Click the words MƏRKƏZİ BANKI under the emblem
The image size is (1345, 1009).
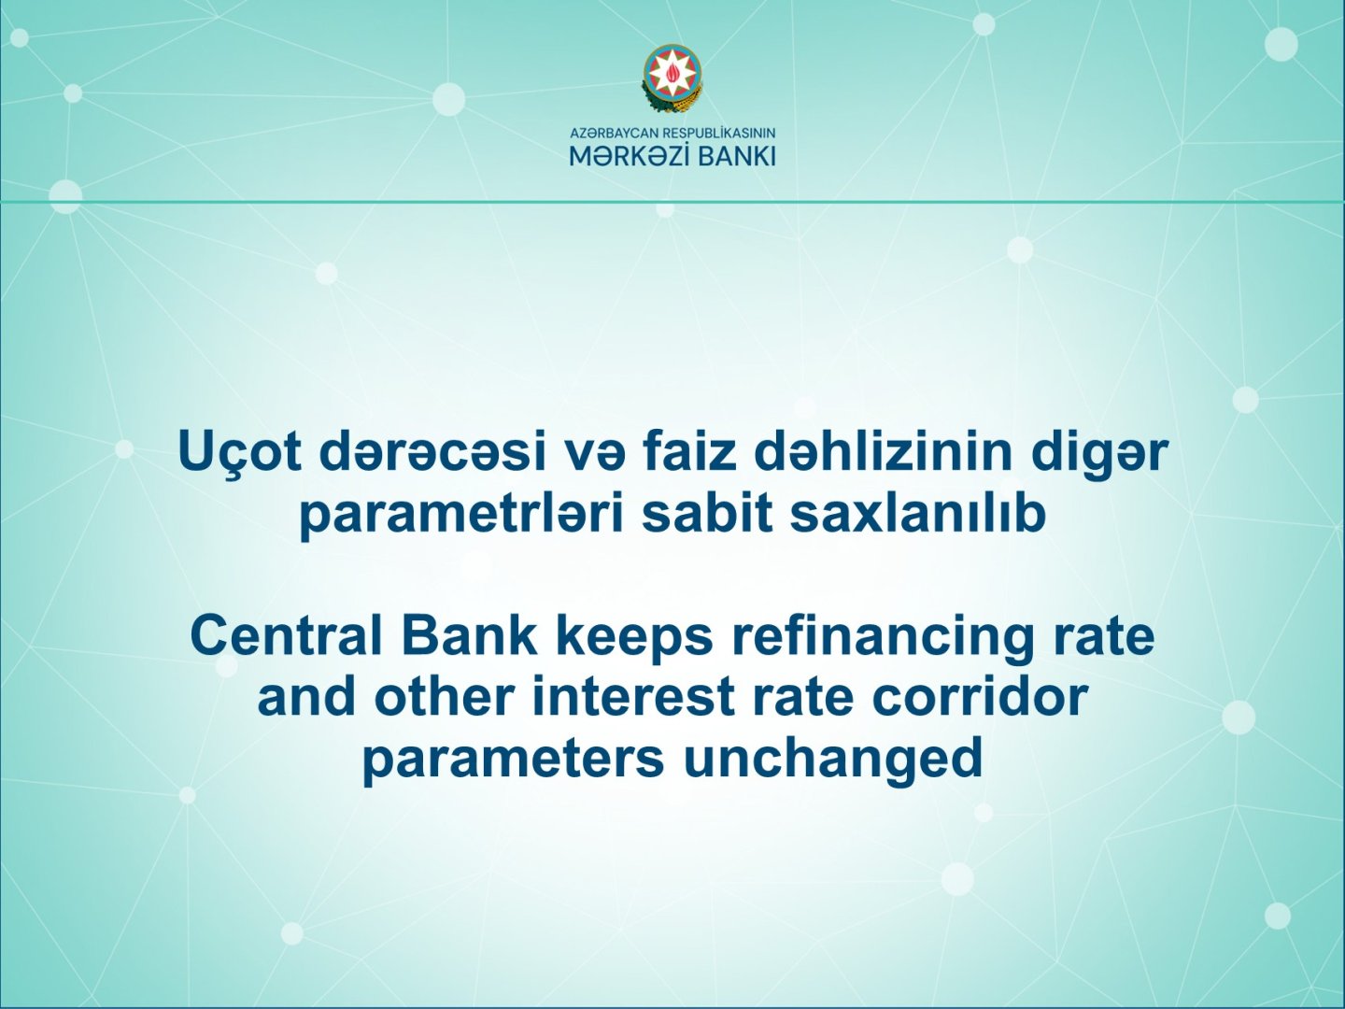pos(672,157)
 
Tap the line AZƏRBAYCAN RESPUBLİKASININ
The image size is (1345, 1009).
pos(672,133)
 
